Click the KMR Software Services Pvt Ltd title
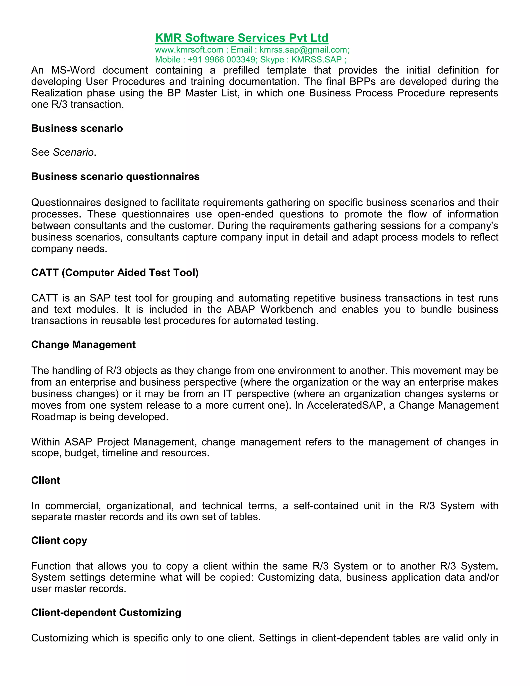[x=241, y=38]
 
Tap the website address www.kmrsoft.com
[x=189, y=50]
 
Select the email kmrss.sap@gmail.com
[x=304, y=50]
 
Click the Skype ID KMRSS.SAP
[x=316, y=60]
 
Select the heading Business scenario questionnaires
[x=115, y=177]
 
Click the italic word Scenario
[x=73, y=152]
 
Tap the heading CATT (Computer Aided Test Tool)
[x=115, y=272]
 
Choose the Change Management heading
[x=83, y=345]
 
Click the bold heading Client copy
[x=59, y=540]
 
